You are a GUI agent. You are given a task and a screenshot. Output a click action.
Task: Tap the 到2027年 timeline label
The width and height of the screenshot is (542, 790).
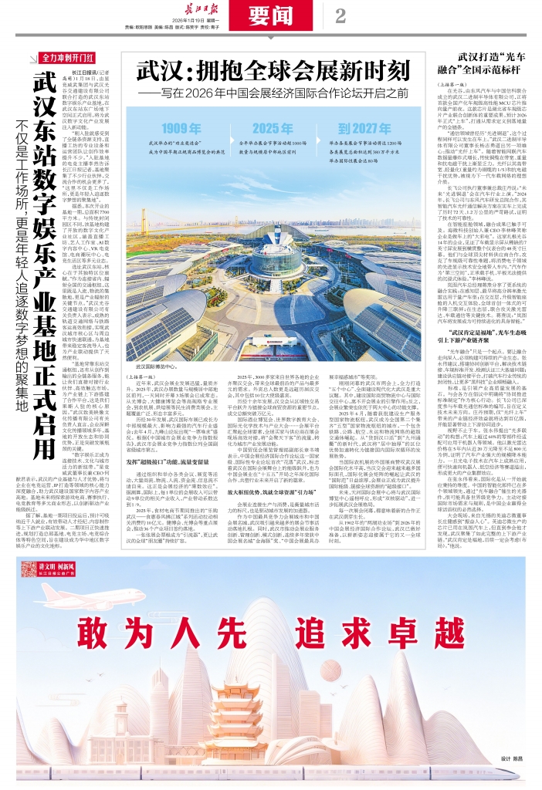[363, 128]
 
